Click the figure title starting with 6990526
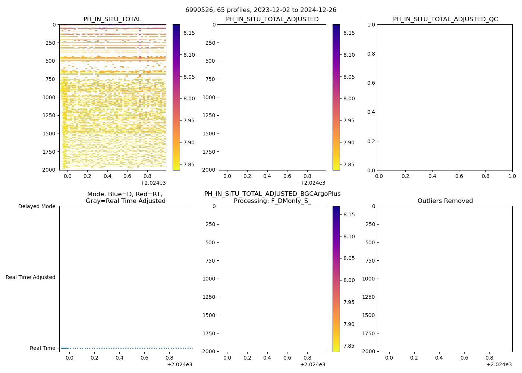[261, 10]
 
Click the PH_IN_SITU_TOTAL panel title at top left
[112, 19]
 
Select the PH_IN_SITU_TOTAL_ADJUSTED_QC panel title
[445, 19]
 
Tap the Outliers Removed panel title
[445, 201]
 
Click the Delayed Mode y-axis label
[37, 206]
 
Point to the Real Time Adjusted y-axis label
[31, 277]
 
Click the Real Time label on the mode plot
[43, 348]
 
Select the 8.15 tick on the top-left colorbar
[189, 33]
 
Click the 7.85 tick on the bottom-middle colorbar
[349, 346]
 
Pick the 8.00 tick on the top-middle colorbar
[349, 98]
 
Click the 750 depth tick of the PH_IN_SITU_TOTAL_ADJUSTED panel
[210, 79]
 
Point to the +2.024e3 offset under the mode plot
[179, 364]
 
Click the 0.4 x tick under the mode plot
[119, 358]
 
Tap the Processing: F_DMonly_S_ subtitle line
[272, 201]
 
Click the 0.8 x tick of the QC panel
[485, 176]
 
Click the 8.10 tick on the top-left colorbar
[189, 55]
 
